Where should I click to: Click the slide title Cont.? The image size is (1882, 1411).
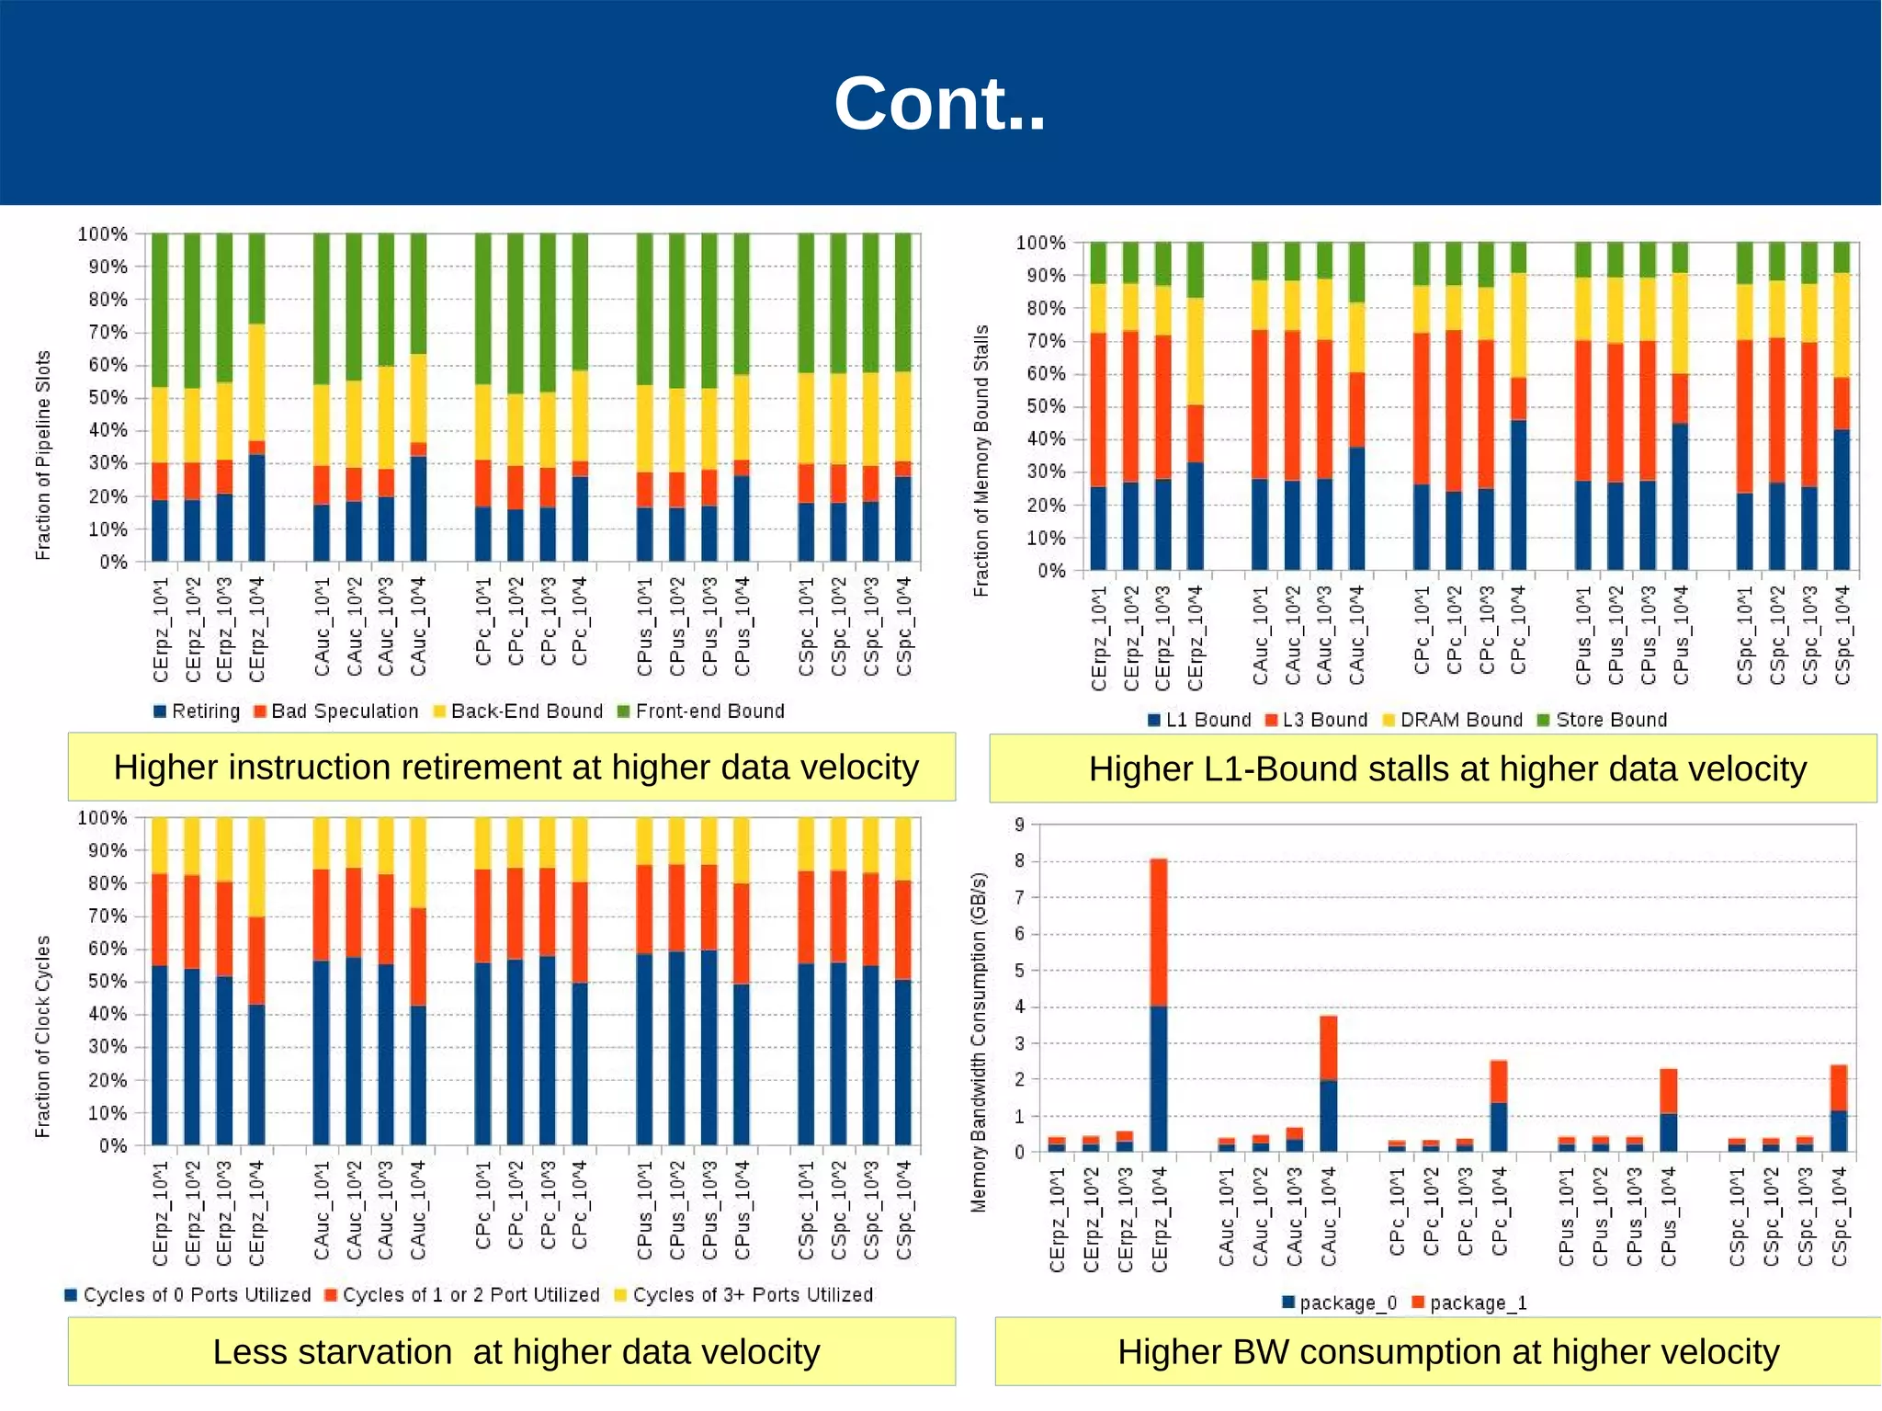(939, 103)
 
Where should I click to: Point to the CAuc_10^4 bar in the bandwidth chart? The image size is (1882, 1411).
(1328, 1085)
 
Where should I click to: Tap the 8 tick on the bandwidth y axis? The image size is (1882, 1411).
(1019, 861)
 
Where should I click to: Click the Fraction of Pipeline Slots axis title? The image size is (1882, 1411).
(42, 455)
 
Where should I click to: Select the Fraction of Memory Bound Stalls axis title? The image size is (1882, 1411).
(981, 460)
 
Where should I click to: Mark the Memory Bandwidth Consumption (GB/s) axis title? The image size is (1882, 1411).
(979, 1041)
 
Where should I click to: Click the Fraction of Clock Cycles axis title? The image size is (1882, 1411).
(42, 1036)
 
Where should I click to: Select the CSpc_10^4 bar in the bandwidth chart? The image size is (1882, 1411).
(1839, 1109)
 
